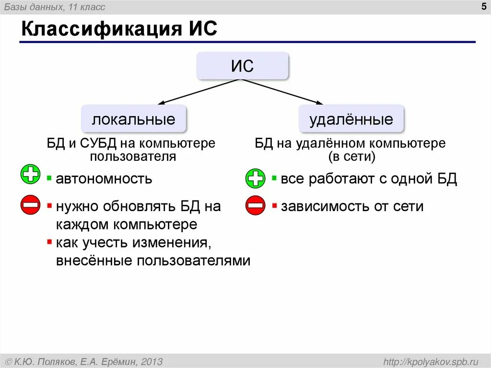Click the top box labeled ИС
coord(242,66)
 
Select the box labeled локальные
coord(133,119)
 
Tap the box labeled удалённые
coord(351,119)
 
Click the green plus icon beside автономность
coord(31,174)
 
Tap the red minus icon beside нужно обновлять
coord(30,205)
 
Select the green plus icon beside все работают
coord(255,178)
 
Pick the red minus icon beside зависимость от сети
coord(255,206)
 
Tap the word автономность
coord(104,179)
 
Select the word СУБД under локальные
coord(98,143)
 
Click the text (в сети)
coord(351,156)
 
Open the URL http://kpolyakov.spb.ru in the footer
coord(431,361)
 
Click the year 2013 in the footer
coord(152,361)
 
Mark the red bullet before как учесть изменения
coord(49,242)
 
